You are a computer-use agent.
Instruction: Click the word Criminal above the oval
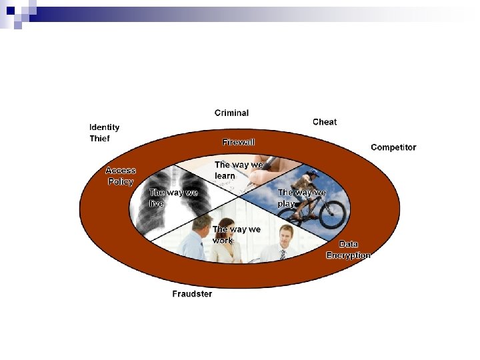tap(231, 113)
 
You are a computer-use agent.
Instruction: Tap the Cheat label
tap(325, 122)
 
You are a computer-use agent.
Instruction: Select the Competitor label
tap(393, 147)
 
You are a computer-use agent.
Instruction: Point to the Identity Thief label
tap(105, 133)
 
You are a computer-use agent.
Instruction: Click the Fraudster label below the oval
tap(192, 294)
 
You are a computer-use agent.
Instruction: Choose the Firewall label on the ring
tap(239, 142)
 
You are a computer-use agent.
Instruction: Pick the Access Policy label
tap(121, 176)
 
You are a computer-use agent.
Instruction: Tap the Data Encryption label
tap(348, 249)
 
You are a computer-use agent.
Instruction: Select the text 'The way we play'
tap(301, 197)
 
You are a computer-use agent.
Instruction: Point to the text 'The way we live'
tap(173, 197)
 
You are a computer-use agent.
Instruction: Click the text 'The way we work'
tap(236, 234)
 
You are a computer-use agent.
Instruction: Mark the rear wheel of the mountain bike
tap(288, 217)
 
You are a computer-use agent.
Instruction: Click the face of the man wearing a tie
tap(287, 235)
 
